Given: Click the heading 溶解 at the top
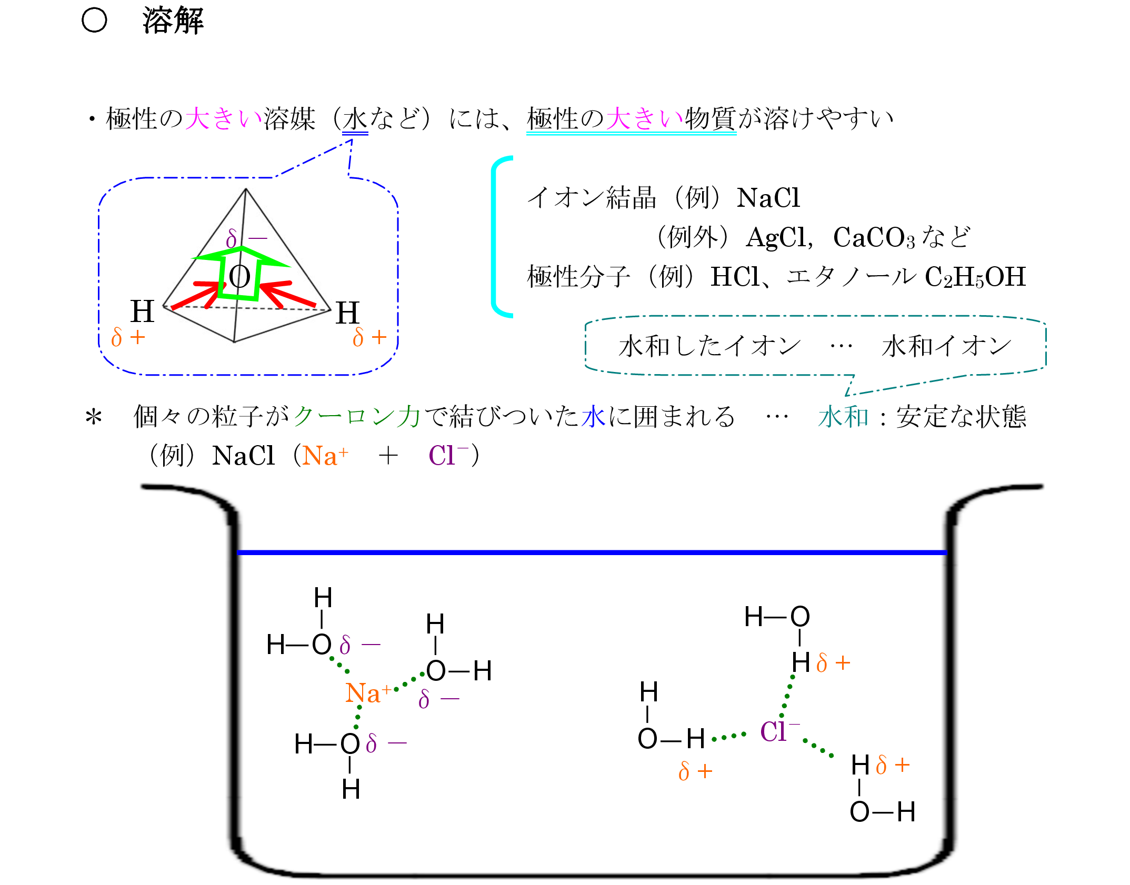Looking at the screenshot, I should (173, 21).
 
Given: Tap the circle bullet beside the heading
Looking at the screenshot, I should (95, 21).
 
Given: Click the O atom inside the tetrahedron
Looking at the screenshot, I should (239, 276).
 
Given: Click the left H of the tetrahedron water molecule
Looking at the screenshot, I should (142, 311).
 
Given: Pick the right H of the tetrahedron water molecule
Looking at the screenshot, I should (347, 313).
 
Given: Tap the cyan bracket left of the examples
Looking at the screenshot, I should (497, 237).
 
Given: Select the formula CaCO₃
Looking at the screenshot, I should (874, 238).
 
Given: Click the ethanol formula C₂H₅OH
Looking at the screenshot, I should (975, 277).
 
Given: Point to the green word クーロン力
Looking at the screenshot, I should (357, 417).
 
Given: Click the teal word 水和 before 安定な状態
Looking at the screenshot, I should (843, 417).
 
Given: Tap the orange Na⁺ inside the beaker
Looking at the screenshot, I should (368, 693).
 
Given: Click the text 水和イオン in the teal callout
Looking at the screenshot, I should (946, 346).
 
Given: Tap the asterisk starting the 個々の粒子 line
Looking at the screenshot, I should (94, 418).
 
